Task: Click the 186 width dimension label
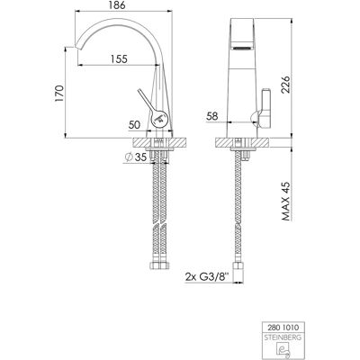(x=117, y=5)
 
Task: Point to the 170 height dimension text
(x=59, y=94)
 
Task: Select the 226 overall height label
(x=285, y=85)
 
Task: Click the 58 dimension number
(x=212, y=116)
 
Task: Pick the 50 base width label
(x=134, y=125)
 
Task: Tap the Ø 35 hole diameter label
(x=135, y=157)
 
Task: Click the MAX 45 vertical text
(x=286, y=201)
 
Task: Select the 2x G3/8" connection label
(x=207, y=277)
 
